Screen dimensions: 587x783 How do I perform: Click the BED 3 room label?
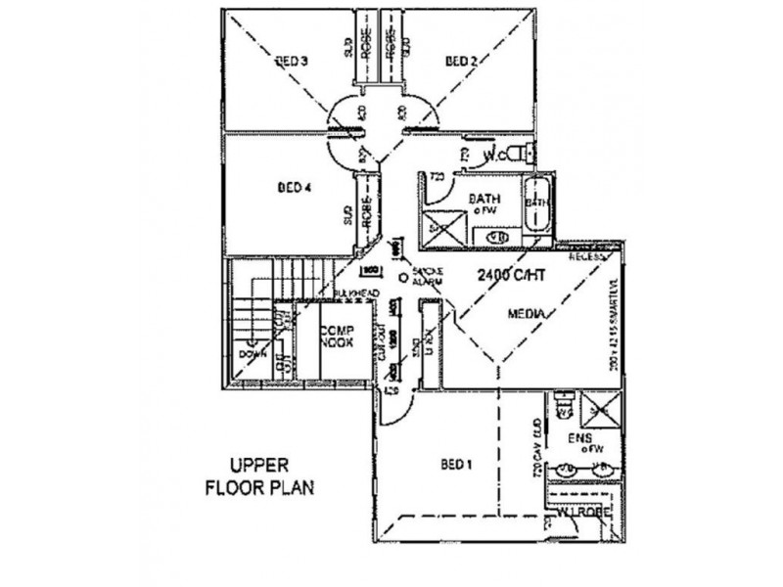[293, 62]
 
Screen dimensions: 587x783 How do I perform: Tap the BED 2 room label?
[461, 62]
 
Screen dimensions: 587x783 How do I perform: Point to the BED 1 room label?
[457, 465]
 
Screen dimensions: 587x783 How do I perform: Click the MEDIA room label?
[527, 314]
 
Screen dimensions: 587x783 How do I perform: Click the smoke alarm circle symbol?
[402, 277]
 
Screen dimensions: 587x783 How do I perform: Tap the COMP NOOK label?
[336, 338]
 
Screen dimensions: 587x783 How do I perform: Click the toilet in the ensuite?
[562, 400]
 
